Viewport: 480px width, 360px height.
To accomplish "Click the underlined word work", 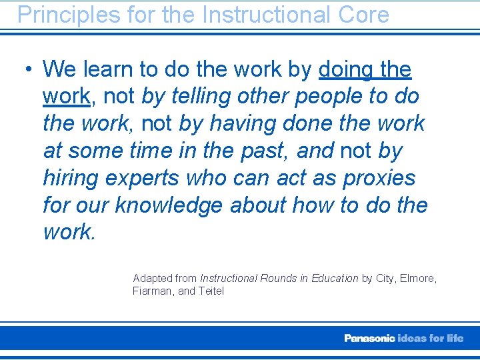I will (66, 96).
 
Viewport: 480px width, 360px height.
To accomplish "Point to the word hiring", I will (70, 178).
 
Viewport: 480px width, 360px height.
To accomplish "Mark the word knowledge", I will (169, 205).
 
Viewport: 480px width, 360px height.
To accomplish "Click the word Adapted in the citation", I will (152, 278).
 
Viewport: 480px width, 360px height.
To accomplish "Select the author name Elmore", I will (418, 278).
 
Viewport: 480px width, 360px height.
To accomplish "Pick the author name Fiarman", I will (153, 291).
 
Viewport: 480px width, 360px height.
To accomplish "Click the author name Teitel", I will (211, 291).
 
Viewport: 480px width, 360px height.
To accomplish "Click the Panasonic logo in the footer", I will (369, 338).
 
